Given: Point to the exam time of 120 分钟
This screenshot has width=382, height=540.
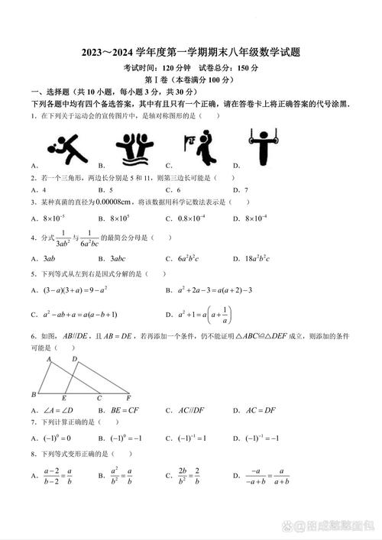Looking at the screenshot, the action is click(178, 67).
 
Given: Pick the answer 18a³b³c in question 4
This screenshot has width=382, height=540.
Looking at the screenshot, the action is click(264, 258).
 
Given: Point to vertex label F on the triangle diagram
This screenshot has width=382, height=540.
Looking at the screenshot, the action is click(129, 396).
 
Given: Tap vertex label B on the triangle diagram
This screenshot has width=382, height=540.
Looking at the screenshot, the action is click(33, 394).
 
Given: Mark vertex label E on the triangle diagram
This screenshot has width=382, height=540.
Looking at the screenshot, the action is click(64, 398).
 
